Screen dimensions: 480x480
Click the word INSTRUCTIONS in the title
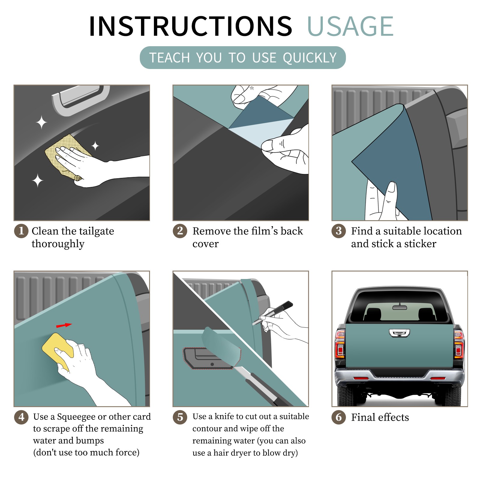[x=190, y=26]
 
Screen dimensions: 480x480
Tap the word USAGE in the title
[x=350, y=26]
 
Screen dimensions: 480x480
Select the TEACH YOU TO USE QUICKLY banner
[x=243, y=58]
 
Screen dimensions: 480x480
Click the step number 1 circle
[x=21, y=231]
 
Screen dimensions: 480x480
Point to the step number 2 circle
[x=180, y=231]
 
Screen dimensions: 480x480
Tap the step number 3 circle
[x=339, y=231]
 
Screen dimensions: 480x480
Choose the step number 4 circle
[x=21, y=417]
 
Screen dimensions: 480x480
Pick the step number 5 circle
[x=180, y=417]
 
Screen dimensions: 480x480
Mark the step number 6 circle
[x=339, y=417]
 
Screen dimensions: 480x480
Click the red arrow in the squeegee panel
[x=64, y=325]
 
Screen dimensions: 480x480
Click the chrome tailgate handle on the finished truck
[x=399, y=333]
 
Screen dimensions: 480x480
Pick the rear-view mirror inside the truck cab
[x=400, y=307]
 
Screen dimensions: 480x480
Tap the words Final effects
[x=380, y=417]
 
